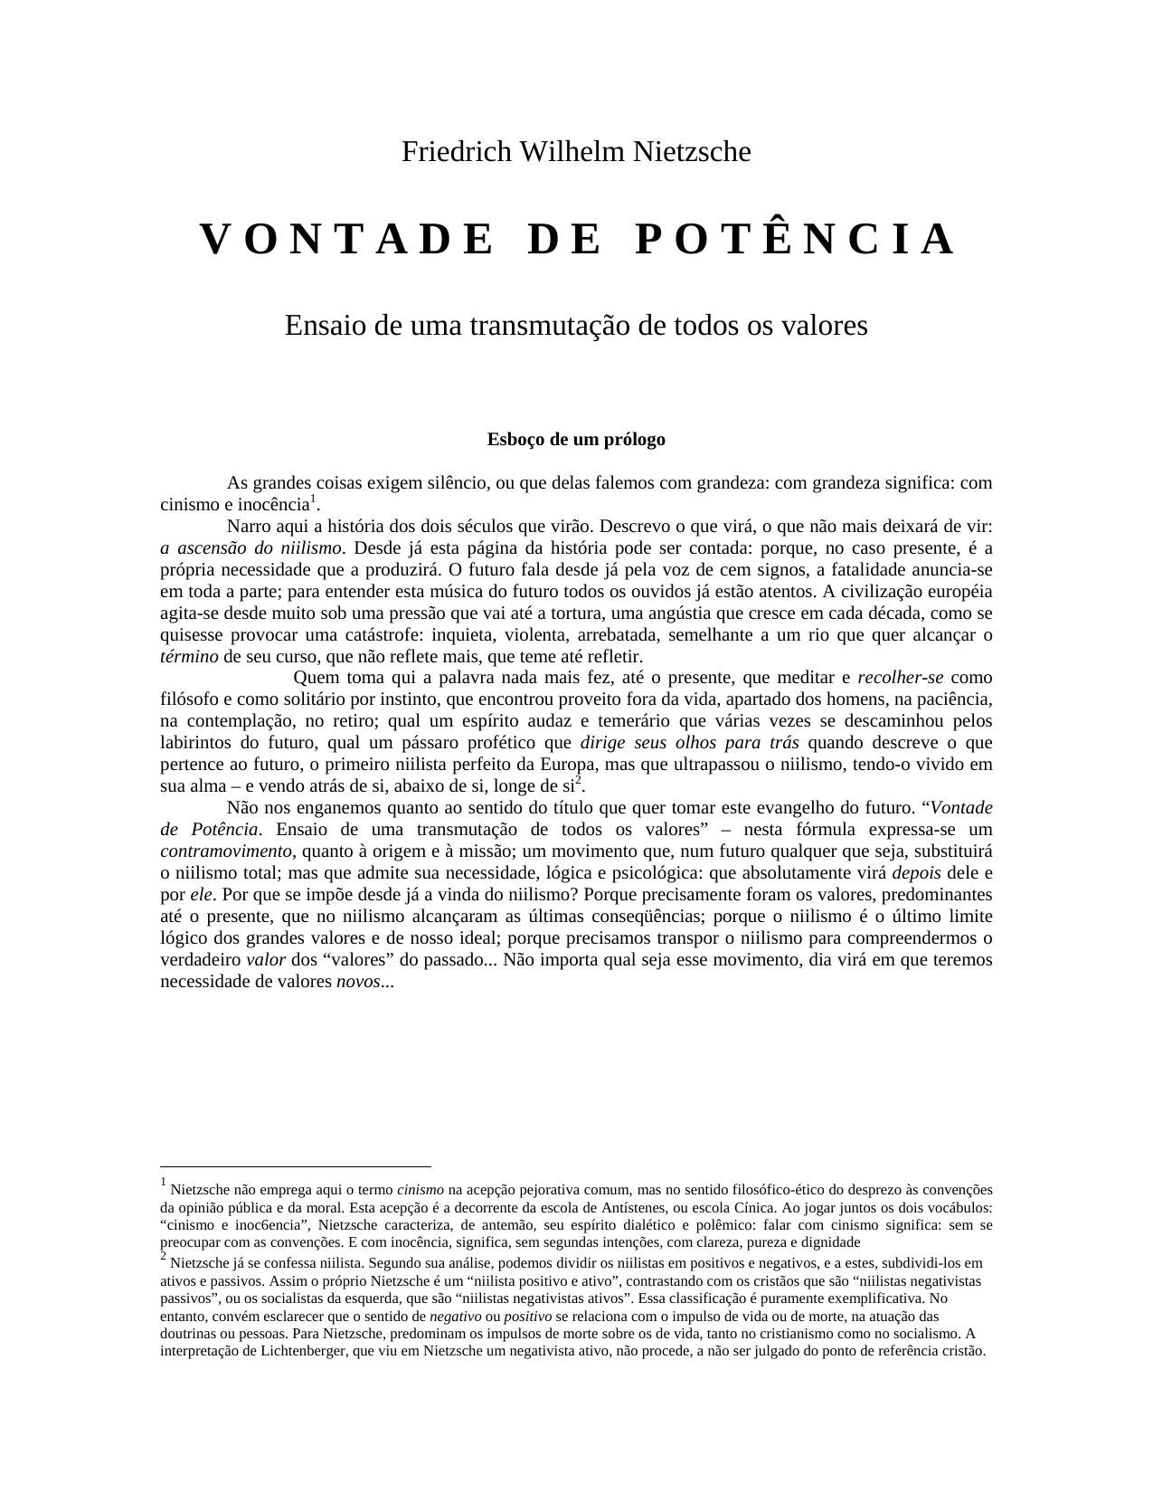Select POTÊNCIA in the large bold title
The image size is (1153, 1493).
pyautogui.click(x=795, y=240)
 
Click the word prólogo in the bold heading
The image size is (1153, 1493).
pyautogui.click(x=633, y=440)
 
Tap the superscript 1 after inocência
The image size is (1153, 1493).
pyautogui.click(x=313, y=499)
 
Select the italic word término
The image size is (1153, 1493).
pyautogui.click(x=189, y=657)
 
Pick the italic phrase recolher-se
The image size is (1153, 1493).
pyautogui.click(x=900, y=678)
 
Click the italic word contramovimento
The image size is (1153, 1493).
pyautogui.click(x=226, y=851)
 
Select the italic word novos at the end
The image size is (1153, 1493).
pyautogui.click(x=358, y=982)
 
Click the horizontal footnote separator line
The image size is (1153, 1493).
pyautogui.click(x=295, y=1167)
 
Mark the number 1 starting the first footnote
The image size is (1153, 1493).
pyautogui.click(x=164, y=1183)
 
